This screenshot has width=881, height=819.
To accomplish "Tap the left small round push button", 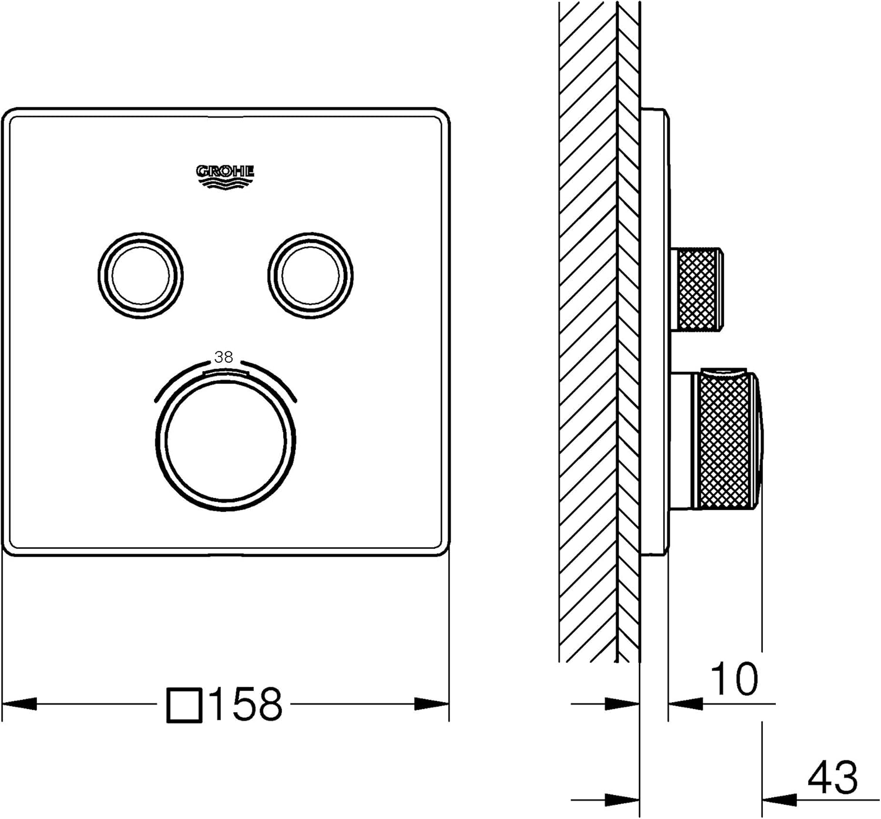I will (x=140, y=275).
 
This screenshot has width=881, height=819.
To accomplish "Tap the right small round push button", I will (x=310, y=275).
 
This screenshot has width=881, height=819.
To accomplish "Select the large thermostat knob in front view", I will (x=226, y=440).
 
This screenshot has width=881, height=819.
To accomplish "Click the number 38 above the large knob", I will (x=224, y=357).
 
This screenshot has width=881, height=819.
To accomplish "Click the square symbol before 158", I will (x=184, y=705).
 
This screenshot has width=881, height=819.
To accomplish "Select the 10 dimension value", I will (x=734, y=679).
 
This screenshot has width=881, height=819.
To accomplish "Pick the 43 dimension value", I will (x=832, y=778).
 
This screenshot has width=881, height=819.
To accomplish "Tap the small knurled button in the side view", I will (x=698, y=289).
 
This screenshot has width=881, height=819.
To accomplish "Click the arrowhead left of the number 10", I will (x=685, y=703).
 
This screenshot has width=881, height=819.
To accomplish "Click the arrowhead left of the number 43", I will (x=779, y=799).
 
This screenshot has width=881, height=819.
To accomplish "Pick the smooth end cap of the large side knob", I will (x=759, y=440).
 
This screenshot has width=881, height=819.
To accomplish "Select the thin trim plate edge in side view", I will (x=654, y=332).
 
